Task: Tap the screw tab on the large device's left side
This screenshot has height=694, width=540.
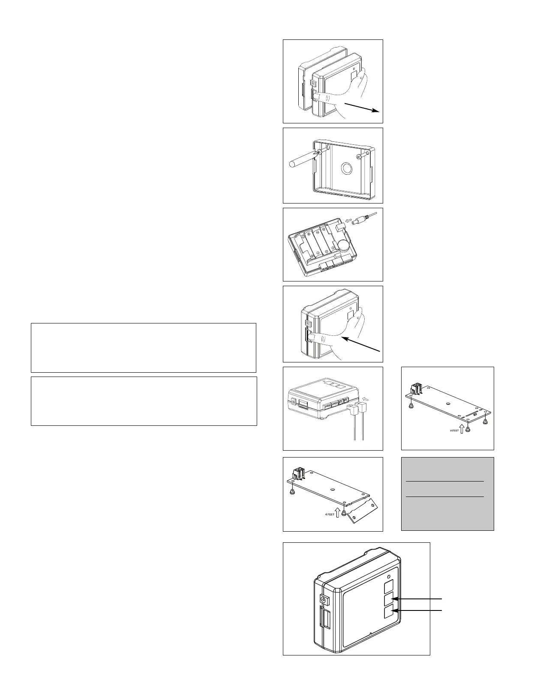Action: pos(324,598)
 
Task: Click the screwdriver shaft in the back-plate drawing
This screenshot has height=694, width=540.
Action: pos(300,160)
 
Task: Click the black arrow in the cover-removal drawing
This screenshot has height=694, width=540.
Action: pos(362,107)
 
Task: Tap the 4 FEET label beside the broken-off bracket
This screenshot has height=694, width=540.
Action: pos(329,514)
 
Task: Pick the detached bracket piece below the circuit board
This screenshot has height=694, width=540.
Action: pos(363,512)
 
